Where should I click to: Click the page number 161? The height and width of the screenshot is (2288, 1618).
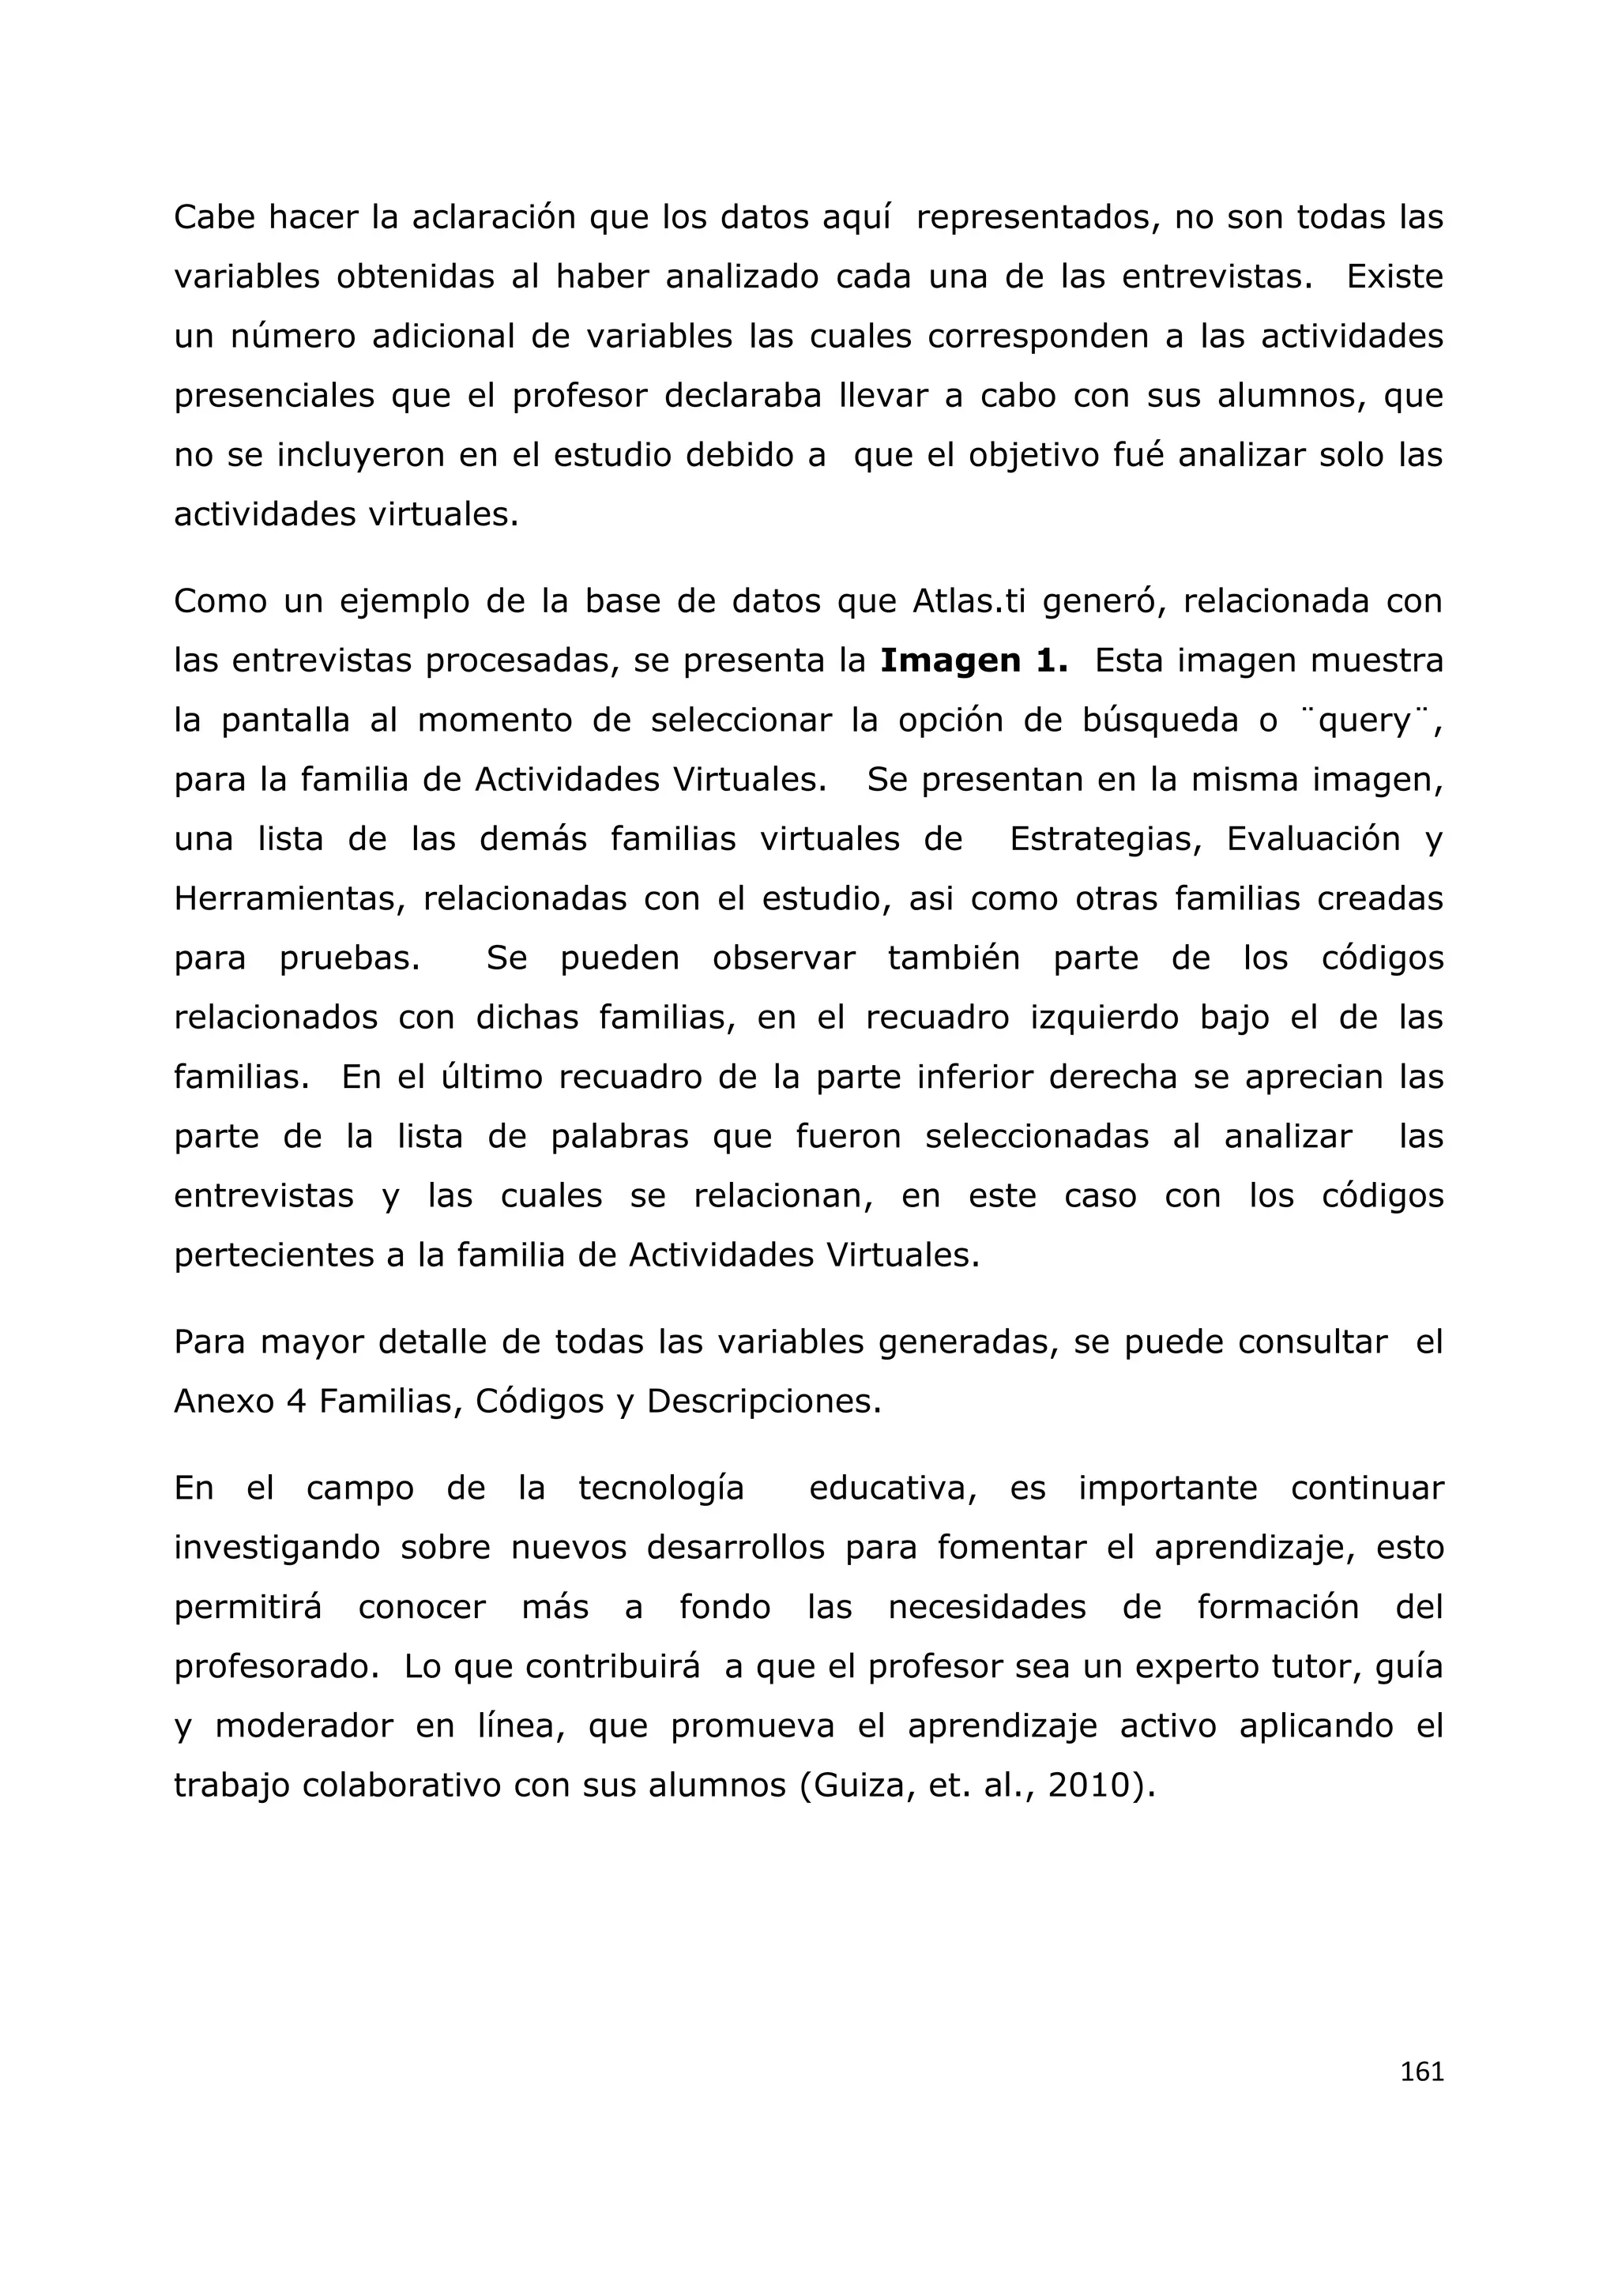tap(1422, 2072)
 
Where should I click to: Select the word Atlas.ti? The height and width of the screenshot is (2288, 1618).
tap(969, 601)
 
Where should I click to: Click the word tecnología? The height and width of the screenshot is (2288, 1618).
tap(661, 1488)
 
